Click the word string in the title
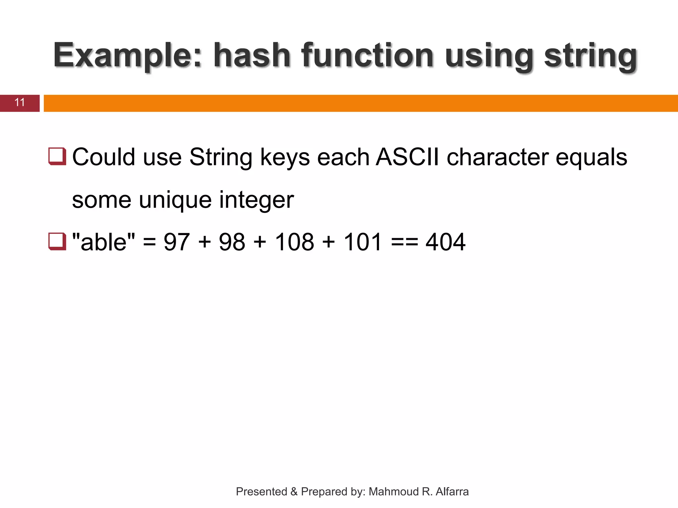click(x=591, y=56)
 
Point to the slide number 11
click(x=20, y=103)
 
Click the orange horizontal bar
click(x=361, y=103)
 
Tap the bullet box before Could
click(x=57, y=156)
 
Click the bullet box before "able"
click(x=57, y=241)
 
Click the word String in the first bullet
click(x=221, y=157)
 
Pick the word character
click(x=498, y=157)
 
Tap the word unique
click(x=175, y=200)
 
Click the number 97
click(x=177, y=242)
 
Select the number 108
click(x=294, y=242)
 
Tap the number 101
click(x=363, y=242)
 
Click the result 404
click(x=445, y=242)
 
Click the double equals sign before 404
click(x=404, y=242)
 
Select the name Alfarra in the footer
click(x=452, y=492)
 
